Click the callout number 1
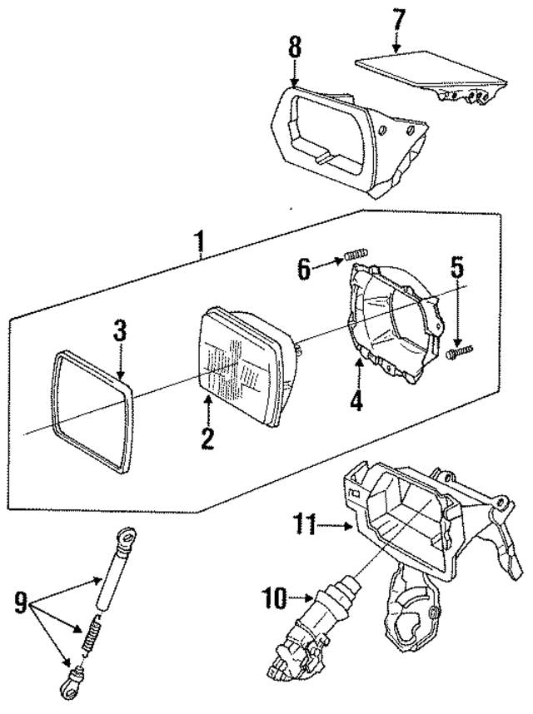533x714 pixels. coord(200,243)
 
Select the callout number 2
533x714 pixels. coord(207,436)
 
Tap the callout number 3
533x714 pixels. coord(120,330)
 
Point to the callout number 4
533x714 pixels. coord(356,400)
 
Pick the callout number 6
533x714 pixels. coord(304,268)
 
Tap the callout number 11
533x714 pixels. coord(302,524)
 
